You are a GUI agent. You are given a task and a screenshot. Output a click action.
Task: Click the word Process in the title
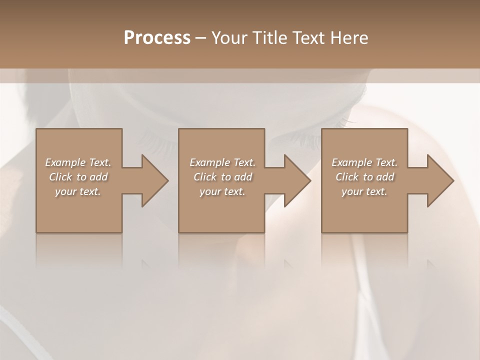point(157,38)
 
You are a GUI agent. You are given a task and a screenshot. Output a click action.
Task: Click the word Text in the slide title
point(309,38)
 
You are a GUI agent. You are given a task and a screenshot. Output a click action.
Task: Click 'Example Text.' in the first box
point(78,162)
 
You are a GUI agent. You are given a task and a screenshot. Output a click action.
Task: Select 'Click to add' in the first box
point(78,177)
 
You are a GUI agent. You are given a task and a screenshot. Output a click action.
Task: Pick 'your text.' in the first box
point(78,191)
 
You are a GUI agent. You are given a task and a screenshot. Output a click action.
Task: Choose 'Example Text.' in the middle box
point(222,162)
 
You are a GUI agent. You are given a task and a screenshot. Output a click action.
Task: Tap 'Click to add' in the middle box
point(222,177)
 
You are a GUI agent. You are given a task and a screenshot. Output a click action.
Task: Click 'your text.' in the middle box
point(222,191)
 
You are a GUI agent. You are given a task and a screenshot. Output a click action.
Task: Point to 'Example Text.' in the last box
point(364,162)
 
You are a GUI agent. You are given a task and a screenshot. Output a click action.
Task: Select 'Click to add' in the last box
point(364,177)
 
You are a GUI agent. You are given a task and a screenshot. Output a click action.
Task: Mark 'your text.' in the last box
point(364,191)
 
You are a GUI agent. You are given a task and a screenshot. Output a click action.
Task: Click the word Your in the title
point(230,38)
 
